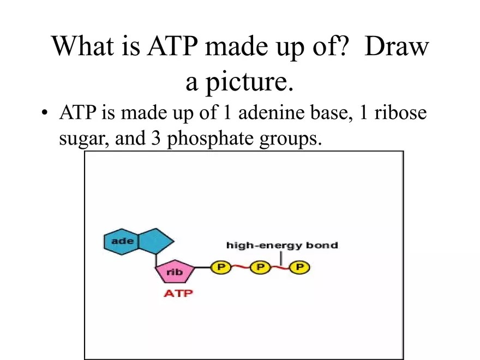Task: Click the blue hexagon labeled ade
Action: pyautogui.click(x=121, y=241)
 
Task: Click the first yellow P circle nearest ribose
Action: pyautogui.click(x=221, y=267)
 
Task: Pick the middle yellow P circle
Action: pyautogui.click(x=260, y=267)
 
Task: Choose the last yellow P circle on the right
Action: pyautogui.click(x=299, y=267)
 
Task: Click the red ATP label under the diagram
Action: pyautogui.click(x=178, y=293)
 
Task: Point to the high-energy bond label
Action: pyautogui.click(x=282, y=245)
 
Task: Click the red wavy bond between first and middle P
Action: pyautogui.click(x=241, y=267)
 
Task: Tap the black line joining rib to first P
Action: pyautogui.click(x=202, y=267)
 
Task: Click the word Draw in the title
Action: pyautogui.click(x=397, y=47)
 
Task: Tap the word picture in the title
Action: pyautogui.click(x=249, y=82)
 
